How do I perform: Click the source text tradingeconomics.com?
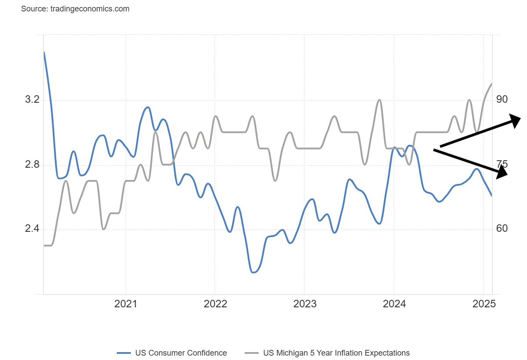[x=75, y=9]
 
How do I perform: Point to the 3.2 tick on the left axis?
[x=32, y=100]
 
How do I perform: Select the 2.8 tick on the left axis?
[x=32, y=165]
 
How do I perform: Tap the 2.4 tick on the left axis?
[x=32, y=229]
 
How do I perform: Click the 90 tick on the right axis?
[x=502, y=100]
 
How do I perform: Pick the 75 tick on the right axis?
[x=502, y=164]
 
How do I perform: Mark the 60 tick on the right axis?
[x=502, y=229]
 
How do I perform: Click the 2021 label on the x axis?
[x=126, y=304]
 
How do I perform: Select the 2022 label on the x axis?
[x=215, y=304]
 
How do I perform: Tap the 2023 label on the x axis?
[x=304, y=304]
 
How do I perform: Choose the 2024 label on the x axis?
[x=394, y=304]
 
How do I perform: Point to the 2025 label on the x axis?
[x=483, y=304]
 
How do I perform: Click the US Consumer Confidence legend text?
[x=181, y=353]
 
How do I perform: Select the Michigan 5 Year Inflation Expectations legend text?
[x=336, y=353]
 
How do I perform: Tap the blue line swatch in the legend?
[x=124, y=353]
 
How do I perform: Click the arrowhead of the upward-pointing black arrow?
[x=516, y=119]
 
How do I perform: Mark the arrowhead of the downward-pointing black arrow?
[x=503, y=174]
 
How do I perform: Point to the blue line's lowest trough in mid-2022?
[x=253, y=272]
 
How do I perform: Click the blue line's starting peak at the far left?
[x=44, y=52]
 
